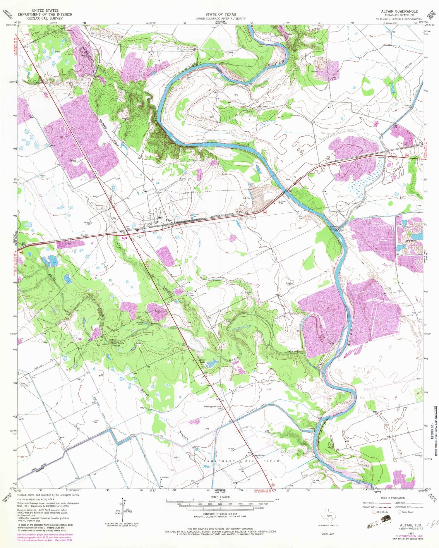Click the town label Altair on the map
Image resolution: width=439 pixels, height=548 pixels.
pyautogui.click(x=169, y=220)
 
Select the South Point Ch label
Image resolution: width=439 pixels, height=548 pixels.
pyautogui.click(x=259, y=456)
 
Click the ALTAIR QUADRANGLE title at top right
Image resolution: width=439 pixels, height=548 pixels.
pyautogui.click(x=399, y=11)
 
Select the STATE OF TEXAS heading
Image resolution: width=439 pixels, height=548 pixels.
pyautogui.click(x=220, y=14)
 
